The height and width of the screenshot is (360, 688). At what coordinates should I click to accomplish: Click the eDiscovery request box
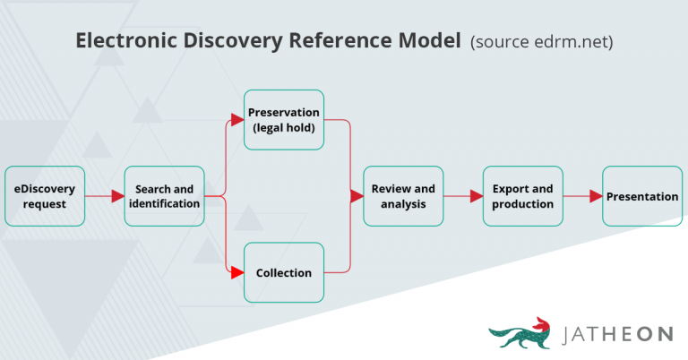click(45, 196)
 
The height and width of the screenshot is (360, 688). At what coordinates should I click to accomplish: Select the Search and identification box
click(164, 196)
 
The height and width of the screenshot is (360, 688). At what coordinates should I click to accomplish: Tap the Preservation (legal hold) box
click(284, 119)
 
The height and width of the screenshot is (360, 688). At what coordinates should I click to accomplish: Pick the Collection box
click(284, 272)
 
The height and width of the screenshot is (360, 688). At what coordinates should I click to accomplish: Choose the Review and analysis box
click(403, 196)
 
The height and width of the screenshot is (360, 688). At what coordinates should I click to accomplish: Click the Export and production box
click(523, 196)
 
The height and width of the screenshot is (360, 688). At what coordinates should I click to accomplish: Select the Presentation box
click(642, 196)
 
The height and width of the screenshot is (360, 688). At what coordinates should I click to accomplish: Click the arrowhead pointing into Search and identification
click(117, 196)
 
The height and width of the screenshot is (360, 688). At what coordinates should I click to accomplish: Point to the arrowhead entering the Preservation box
click(237, 119)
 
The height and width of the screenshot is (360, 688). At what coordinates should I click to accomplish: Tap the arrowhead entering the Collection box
click(237, 272)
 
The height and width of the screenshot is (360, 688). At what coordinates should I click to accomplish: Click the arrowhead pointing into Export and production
click(477, 196)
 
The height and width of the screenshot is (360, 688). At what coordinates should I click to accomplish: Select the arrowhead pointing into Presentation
click(596, 196)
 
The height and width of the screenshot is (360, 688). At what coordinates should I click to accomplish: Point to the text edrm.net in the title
click(572, 42)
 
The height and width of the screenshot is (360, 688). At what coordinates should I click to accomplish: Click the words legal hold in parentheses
click(284, 127)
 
